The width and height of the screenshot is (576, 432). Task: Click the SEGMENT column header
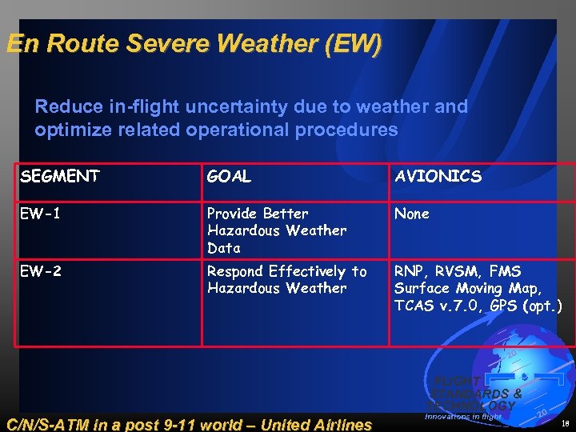coord(60,177)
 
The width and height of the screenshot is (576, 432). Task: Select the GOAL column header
coord(229,177)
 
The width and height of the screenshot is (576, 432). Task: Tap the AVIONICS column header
coord(438,177)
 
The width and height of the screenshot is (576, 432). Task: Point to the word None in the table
coord(412,214)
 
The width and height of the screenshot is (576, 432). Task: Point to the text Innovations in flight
coord(463,417)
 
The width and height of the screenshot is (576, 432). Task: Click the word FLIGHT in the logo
coord(457,382)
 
